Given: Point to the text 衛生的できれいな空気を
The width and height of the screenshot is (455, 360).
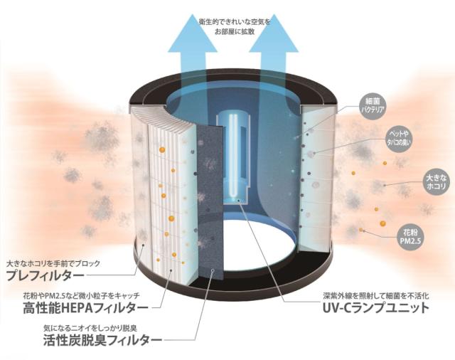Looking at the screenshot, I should [x=235, y=21].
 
